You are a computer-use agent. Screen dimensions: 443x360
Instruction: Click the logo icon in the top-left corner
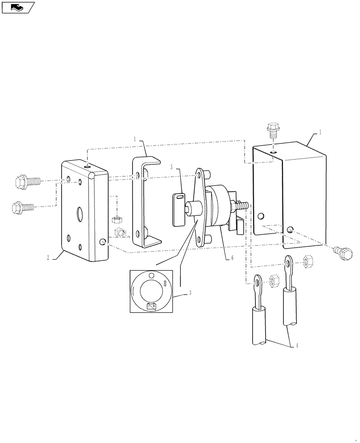[18, 7]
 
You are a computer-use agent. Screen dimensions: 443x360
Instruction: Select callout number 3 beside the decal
[190, 293]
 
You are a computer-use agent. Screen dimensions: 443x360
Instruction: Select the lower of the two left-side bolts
[25, 206]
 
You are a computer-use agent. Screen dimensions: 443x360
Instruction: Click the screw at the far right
[345, 253]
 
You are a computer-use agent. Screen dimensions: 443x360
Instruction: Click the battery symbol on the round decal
[152, 306]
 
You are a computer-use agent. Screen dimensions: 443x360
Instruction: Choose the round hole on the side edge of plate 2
[103, 241]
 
